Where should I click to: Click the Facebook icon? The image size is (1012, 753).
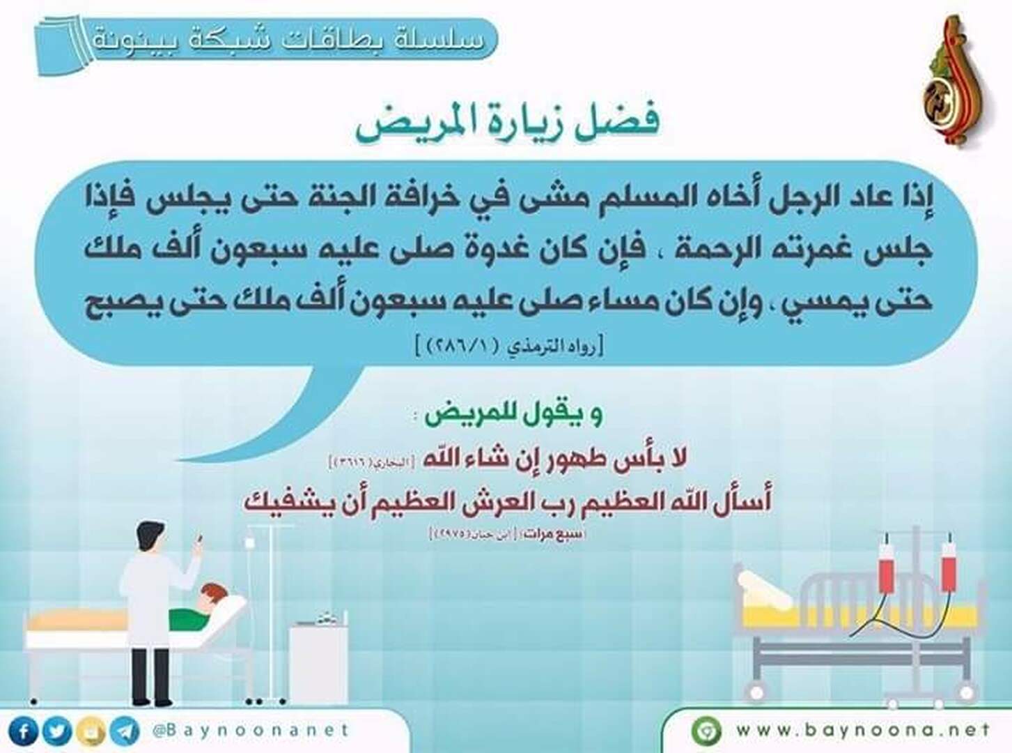coord(24,731)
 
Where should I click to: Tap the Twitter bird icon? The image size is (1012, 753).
coord(57,731)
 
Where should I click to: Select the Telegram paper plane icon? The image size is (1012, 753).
coord(125,731)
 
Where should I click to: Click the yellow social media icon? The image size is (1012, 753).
coord(91,731)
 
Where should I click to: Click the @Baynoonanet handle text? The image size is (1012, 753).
coord(250,731)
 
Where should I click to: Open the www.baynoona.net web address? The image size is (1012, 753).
coord(863,730)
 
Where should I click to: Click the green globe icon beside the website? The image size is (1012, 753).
coord(706,731)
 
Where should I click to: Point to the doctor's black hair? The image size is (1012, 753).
coord(149,534)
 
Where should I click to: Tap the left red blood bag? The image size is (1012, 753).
coord(886,567)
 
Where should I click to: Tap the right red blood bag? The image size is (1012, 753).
coord(949,567)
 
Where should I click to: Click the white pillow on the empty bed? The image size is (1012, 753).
coord(763,589)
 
